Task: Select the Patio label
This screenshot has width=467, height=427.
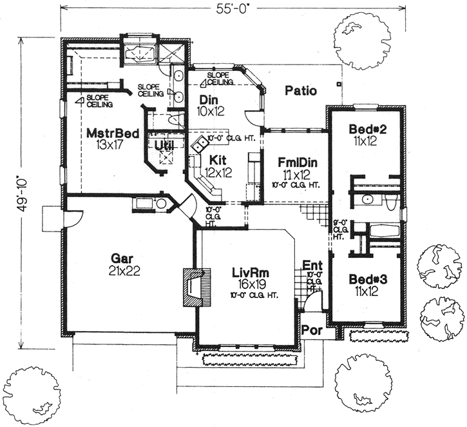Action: click(x=301, y=91)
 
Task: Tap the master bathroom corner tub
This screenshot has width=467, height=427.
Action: click(x=140, y=52)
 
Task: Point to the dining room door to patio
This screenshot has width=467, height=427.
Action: click(x=255, y=117)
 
